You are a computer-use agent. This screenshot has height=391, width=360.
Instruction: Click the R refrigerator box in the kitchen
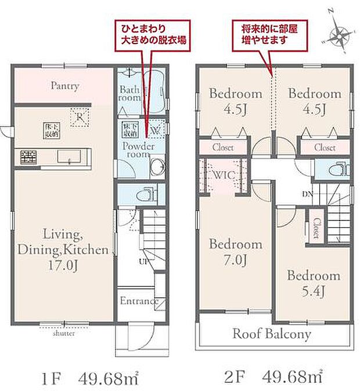pos(80,117)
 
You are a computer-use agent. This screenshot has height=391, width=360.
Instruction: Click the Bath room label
pos(131,94)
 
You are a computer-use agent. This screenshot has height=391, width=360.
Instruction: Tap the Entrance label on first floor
pos(139,301)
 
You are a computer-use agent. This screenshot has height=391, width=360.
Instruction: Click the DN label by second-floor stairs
pos(307,193)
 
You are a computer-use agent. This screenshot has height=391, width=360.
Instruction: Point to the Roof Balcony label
pos(272,334)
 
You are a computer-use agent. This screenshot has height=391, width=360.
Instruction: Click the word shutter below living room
pos(63,334)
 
